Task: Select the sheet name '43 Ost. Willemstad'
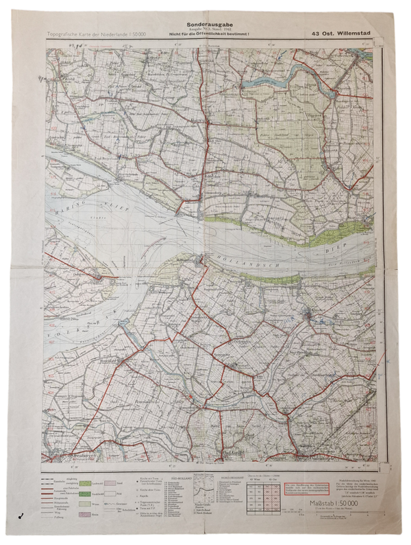pos(343,33)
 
